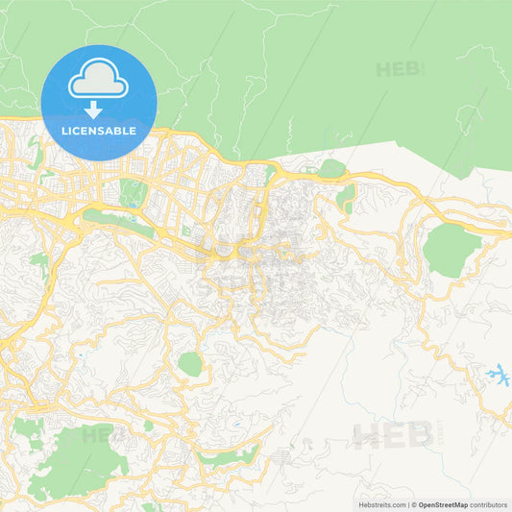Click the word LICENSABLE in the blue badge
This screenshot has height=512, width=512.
tap(98, 131)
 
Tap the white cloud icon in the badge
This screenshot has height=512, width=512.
tap(98, 80)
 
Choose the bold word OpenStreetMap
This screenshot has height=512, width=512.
tap(443, 503)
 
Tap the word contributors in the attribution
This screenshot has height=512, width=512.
tap(488, 503)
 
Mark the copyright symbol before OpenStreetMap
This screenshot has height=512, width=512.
tap(414, 503)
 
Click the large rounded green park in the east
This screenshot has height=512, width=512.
tap(451, 250)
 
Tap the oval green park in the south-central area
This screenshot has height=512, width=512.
tap(190, 365)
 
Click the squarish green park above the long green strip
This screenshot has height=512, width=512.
tap(133, 193)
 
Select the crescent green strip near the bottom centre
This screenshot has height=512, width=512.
tap(231, 457)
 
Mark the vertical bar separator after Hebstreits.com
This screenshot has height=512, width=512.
tap(408, 503)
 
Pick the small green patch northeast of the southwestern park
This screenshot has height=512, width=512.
tap(148, 426)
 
